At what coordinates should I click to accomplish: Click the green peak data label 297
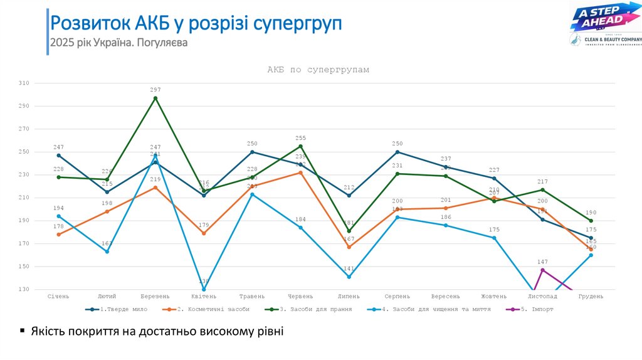[155, 90]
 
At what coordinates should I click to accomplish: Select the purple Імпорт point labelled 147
[542, 270]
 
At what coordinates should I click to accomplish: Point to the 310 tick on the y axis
[24, 83]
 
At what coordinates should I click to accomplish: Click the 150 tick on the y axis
[24, 267]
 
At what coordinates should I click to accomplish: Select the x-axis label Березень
[155, 296]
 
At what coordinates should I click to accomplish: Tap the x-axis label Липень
[349, 296]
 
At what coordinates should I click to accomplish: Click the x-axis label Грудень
[591, 296]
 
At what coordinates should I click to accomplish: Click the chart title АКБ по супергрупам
[318, 70]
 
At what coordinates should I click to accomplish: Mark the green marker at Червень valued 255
[300, 146]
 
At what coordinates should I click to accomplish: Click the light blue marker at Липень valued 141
[349, 277]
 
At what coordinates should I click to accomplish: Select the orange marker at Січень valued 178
[59, 235]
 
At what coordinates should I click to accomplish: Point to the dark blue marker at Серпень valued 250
[397, 152]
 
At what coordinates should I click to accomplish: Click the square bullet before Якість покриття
[23, 331]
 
